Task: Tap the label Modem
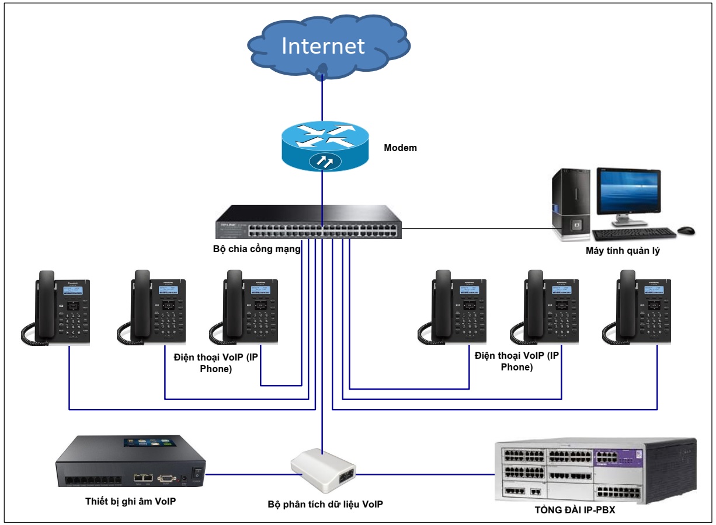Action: tap(400, 148)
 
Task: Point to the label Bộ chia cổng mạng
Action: tap(257, 250)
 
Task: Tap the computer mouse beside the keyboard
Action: tap(686, 231)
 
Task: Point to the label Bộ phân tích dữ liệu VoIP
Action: tap(325, 503)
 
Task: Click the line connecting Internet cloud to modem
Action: tap(322, 99)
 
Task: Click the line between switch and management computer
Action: tap(479, 228)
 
